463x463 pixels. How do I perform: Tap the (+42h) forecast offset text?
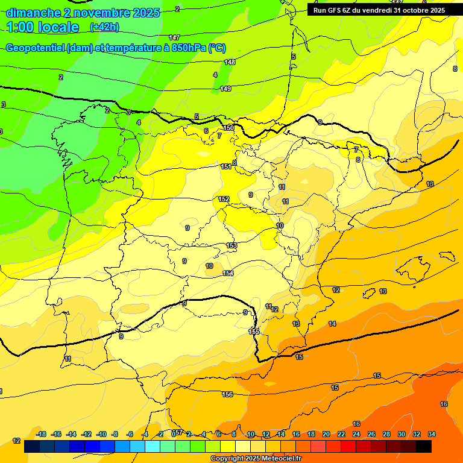[104, 27]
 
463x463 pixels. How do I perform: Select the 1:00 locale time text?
[43, 27]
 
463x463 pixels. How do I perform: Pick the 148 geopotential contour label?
[230, 62]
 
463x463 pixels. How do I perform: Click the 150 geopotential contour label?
[228, 128]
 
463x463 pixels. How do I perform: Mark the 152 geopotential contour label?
[224, 199]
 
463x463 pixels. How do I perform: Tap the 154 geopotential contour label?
[228, 273]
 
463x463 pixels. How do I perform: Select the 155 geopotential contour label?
[254, 332]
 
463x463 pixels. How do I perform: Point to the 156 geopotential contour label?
[227, 394]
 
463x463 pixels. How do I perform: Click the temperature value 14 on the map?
[332, 324]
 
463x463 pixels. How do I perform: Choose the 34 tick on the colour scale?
[431, 434]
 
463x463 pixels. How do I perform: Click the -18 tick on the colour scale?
[41, 434]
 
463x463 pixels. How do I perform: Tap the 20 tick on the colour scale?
[326, 434]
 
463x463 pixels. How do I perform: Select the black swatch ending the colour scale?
[424, 447]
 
